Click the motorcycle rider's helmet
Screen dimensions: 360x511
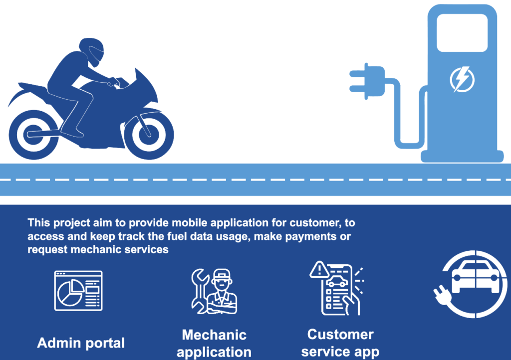point(92,50)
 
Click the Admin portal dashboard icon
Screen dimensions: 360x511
point(78,291)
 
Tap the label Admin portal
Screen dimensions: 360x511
point(81,343)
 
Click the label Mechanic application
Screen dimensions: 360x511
point(214,344)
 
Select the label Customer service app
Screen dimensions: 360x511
point(340,343)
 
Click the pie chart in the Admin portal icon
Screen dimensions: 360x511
point(70,291)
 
